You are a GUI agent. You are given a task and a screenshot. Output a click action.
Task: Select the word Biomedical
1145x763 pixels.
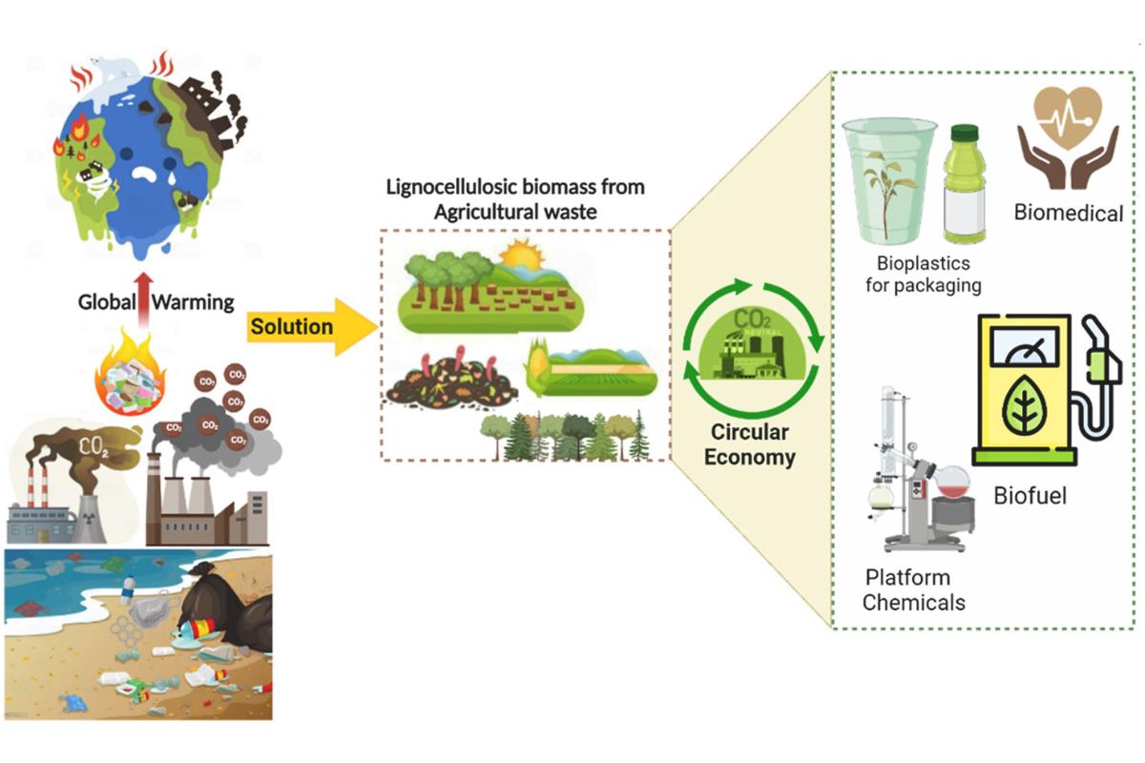1068,213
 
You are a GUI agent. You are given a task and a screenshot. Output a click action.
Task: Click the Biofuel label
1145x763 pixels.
1030,495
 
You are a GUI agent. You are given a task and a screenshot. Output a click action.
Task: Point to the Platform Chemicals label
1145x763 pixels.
913,589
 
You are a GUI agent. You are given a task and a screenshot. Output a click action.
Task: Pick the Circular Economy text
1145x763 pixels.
749,444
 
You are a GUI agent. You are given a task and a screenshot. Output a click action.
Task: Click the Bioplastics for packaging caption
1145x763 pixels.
923,273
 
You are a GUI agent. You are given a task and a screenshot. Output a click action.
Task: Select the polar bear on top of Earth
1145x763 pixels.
112,70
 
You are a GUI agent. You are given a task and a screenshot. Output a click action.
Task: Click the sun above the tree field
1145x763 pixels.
521,255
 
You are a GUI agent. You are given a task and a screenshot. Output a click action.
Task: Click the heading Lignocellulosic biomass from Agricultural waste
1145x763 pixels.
515,198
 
